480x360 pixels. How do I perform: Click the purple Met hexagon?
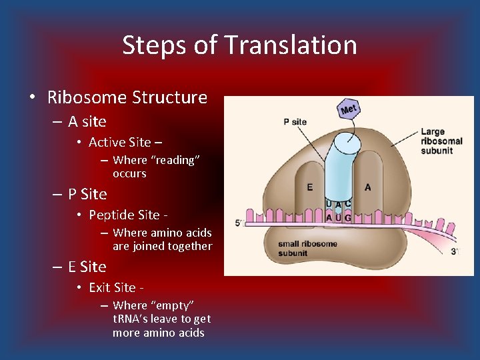[x=349, y=108]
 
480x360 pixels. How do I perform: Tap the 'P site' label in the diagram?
[x=295, y=121]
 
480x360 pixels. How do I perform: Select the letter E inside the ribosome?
[x=310, y=187]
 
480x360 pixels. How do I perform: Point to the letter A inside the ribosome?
[x=368, y=187]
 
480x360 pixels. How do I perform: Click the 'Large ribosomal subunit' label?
[x=441, y=141]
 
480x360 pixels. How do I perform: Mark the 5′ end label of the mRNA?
[x=238, y=222]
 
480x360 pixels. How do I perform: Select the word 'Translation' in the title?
[x=291, y=45]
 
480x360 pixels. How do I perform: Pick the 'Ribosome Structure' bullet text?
[x=127, y=97]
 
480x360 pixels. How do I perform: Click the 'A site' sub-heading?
[x=87, y=121]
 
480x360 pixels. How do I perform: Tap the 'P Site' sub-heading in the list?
[x=87, y=194]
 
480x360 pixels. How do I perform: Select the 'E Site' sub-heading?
[x=87, y=267]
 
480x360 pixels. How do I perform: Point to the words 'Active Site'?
[x=119, y=142]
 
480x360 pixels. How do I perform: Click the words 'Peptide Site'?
[x=123, y=215]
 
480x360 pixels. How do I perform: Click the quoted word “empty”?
[x=172, y=305]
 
